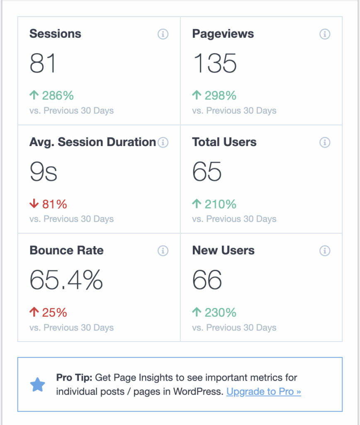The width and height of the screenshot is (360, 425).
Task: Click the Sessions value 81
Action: pos(43,64)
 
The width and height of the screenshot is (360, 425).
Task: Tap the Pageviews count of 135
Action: pos(215,64)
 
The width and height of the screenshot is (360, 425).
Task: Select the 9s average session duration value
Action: pos(43,172)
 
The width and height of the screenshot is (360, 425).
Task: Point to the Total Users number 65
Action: pos(207,172)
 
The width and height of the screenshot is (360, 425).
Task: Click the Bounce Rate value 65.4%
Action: pos(66,280)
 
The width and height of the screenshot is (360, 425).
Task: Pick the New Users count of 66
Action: pos(207,280)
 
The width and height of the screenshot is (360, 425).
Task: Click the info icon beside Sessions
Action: pos(163,34)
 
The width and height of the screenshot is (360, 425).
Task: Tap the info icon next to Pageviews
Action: pos(325,34)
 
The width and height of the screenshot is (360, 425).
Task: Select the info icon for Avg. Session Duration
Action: pos(163,142)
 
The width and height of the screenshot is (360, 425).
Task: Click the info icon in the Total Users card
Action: pos(325,142)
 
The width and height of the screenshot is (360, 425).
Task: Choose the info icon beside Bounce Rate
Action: pos(163,251)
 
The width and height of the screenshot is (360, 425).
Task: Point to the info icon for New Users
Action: pos(325,251)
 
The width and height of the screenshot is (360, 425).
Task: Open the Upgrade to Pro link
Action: pos(263,391)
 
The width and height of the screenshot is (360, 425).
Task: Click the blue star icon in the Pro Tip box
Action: pos(38,385)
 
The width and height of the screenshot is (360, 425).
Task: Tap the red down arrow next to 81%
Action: pos(34,204)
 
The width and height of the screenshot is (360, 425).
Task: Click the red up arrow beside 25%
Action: pos(34,313)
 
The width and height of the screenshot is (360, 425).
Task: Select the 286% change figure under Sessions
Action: pos(58,96)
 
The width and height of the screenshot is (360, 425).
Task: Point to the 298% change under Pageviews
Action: pos(220,96)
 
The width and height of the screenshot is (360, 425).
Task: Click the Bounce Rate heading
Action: pos(66,251)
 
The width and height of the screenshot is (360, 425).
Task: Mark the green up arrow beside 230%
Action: pos(197,313)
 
